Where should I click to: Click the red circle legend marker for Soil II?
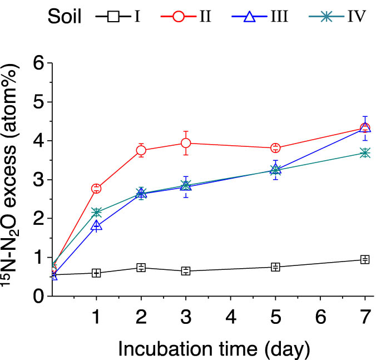tap(181, 17)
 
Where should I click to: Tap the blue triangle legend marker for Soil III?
tap(250, 17)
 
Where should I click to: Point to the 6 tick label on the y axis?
tap(37, 63)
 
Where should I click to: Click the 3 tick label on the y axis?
tap(37, 180)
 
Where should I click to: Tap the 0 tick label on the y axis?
tap(37, 297)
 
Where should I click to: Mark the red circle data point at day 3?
tap(186, 143)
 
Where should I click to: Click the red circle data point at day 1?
tap(96, 189)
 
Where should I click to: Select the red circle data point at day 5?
tap(275, 148)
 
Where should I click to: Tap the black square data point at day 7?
tap(365, 259)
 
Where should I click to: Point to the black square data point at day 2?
tap(141, 268)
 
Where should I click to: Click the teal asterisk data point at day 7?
tap(365, 152)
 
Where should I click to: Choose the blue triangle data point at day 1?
tap(96, 226)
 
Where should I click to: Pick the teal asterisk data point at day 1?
tap(96, 213)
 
